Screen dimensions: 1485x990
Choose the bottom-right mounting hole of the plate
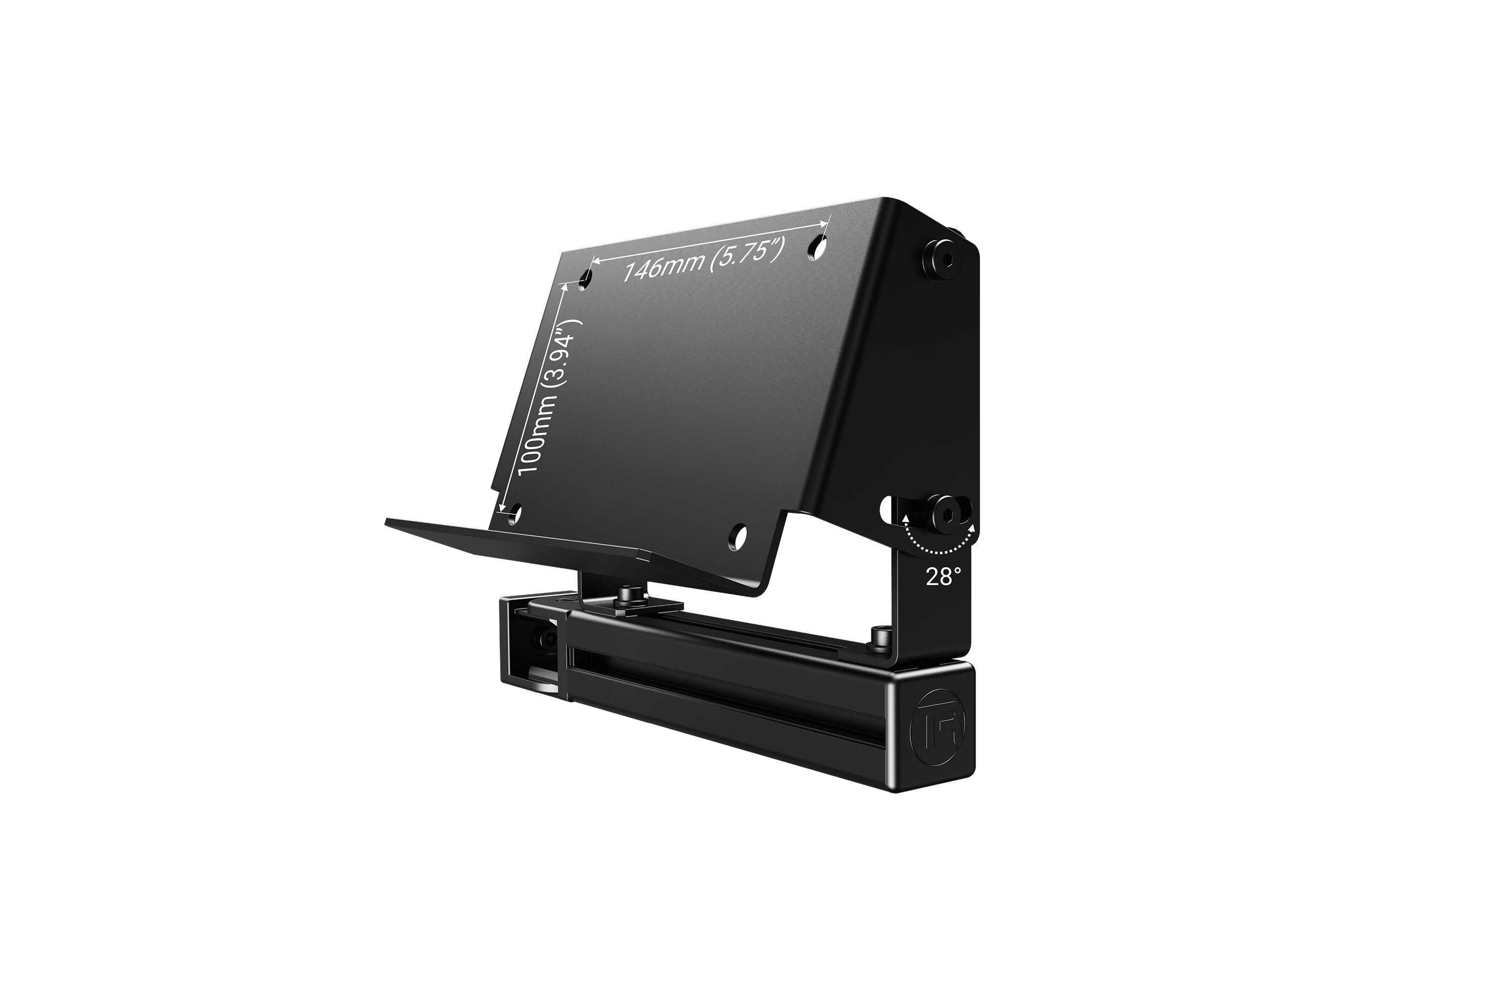[x=739, y=536]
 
